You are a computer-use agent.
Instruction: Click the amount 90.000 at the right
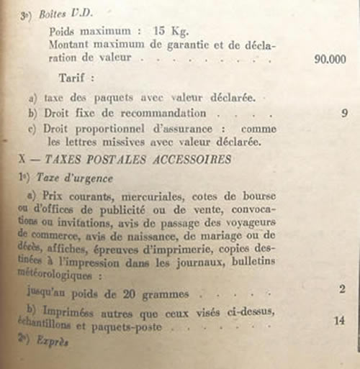pos(332,60)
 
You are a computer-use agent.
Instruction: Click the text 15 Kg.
pos(170,32)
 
